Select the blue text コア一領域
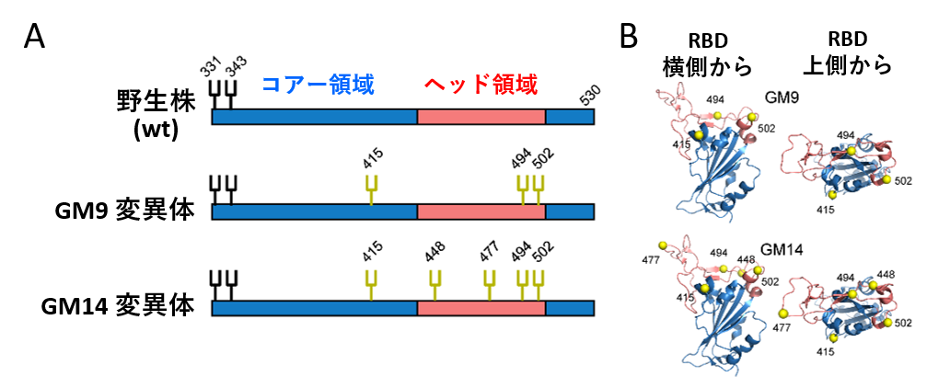tap(319, 86)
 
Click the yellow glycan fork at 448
tap(435, 285)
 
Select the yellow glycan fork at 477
tap(489, 285)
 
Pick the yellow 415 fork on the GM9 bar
tap(371, 190)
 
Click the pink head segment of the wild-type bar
tap(481, 117)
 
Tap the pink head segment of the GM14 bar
tap(481, 308)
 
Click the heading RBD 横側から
tap(708, 54)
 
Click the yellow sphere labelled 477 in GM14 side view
tap(662, 245)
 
